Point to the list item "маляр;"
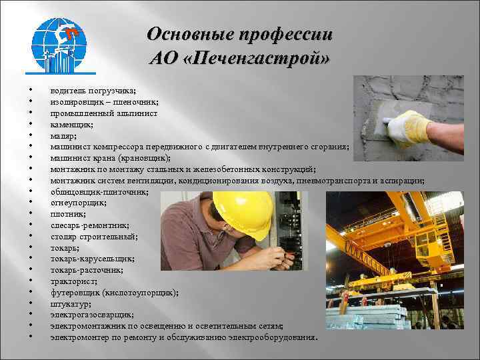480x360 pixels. click(62, 135)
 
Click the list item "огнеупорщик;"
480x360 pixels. click(73, 203)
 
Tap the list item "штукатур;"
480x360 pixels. click(69, 303)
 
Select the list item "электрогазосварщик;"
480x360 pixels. click(91, 315)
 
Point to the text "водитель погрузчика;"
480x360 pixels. click(93, 90)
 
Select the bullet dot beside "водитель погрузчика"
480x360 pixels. click(31, 91)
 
